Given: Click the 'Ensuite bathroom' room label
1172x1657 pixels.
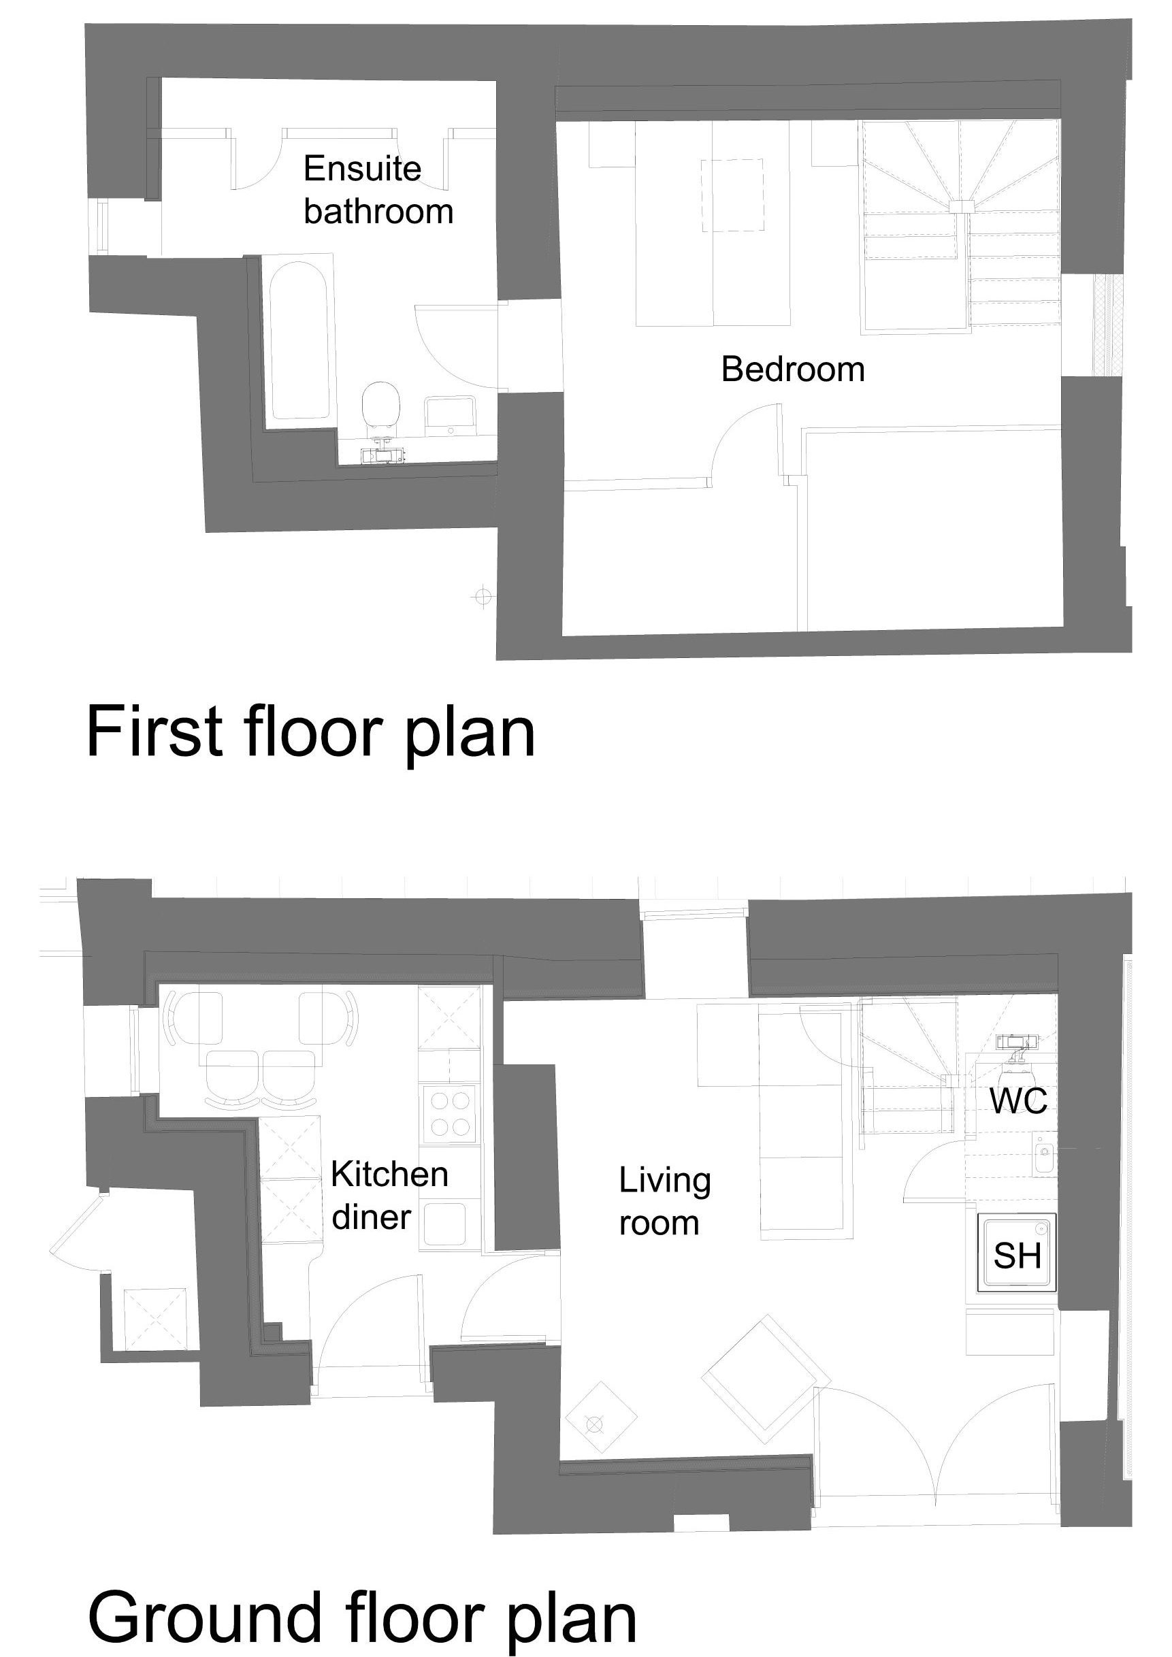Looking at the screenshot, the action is point(378,190).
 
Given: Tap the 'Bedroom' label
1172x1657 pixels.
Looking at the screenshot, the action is point(792,370).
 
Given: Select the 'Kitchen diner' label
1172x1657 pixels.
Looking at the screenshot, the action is point(389,1196).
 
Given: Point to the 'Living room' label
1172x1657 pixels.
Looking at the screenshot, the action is point(665,1202).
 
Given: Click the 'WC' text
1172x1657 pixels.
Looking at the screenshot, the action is point(1018,1101).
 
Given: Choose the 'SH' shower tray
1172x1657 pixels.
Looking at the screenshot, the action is point(1017,1252).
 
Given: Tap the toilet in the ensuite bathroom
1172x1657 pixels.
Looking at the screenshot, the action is point(381,408).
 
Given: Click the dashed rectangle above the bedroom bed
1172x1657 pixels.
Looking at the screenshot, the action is point(732,195).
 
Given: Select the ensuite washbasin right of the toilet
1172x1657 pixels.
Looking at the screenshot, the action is point(450,416).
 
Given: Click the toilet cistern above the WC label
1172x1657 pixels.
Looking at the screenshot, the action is point(1017,1040).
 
